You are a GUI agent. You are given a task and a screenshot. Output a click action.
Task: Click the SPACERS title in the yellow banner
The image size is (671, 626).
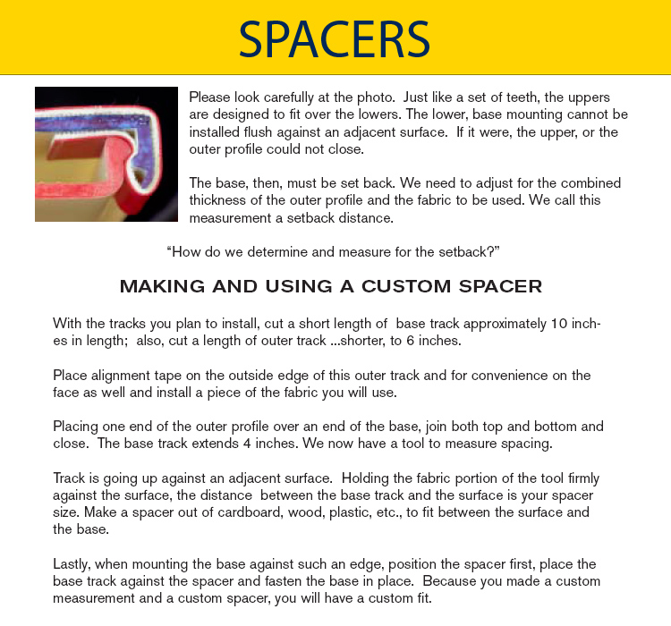click(x=335, y=38)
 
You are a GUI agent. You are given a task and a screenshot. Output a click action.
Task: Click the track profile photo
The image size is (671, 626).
click(x=106, y=154)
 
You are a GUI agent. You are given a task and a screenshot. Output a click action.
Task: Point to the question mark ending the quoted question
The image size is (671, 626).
click(x=496, y=251)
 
